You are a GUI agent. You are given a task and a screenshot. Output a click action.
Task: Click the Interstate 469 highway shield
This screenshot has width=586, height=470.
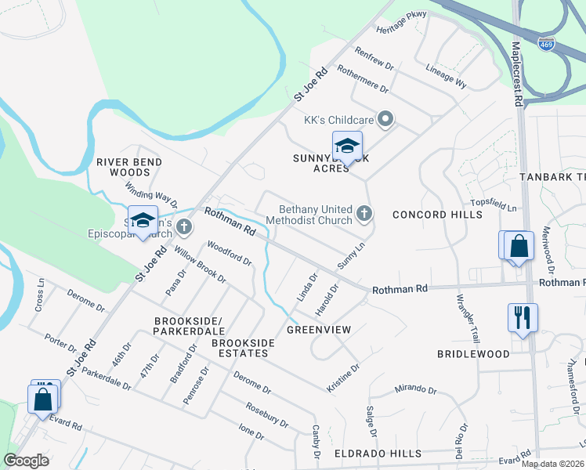click(x=546, y=44)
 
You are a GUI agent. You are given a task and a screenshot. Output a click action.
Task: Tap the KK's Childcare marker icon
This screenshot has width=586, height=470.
click(x=385, y=120)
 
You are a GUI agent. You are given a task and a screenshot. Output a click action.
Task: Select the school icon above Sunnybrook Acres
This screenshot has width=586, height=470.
click(x=347, y=146)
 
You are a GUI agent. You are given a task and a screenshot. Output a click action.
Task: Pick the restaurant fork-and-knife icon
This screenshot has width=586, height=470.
click(x=523, y=317)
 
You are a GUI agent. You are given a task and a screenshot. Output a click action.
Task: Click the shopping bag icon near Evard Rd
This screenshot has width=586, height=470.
click(x=43, y=398)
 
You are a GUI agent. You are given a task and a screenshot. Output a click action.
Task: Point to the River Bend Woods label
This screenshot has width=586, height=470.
click(x=129, y=167)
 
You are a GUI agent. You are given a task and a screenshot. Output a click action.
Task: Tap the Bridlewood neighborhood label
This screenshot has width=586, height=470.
click(x=473, y=354)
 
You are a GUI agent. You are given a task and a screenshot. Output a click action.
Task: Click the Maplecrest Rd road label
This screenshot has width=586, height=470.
click(x=517, y=74)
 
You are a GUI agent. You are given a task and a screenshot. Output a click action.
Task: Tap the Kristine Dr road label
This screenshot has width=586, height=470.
click(x=343, y=378)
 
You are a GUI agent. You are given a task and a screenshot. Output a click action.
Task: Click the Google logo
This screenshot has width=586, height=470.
click(x=27, y=461)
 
